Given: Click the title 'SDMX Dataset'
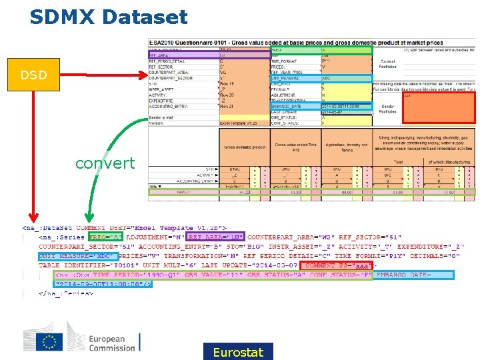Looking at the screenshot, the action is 108,17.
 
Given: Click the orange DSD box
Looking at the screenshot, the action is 33,75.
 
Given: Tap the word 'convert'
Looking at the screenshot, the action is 105,163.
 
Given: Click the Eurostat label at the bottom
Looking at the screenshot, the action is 238,352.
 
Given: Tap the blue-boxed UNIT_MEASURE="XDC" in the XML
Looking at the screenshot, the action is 77,255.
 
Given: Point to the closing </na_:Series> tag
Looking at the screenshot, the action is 65,293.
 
